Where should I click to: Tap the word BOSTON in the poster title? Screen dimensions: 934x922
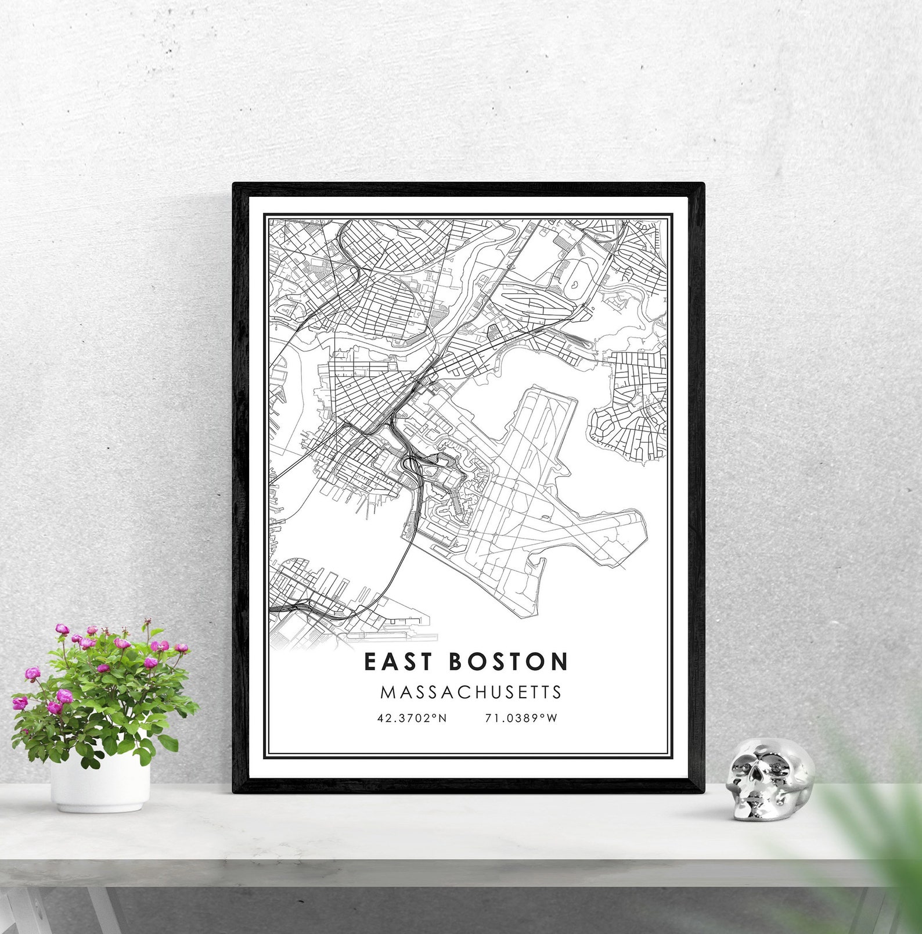(508, 662)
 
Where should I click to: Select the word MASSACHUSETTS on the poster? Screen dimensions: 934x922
(471, 692)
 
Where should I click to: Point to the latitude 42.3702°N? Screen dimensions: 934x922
(412, 718)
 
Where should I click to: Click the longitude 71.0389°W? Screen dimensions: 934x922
(521, 718)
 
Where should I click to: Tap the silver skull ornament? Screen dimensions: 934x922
(769, 778)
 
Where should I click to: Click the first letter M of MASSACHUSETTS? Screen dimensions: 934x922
(387, 692)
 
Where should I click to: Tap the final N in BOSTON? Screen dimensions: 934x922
(560, 662)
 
